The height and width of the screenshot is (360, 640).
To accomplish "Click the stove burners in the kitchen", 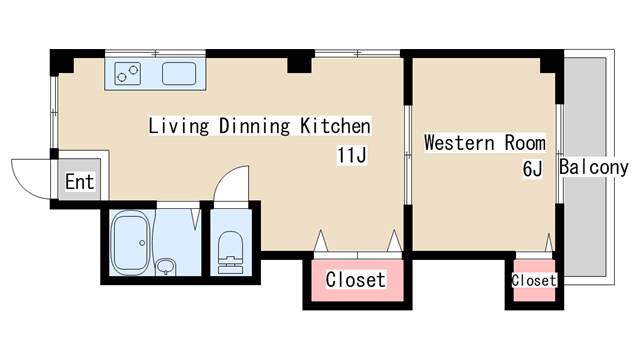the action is pyautogui.click(x=127, y=73).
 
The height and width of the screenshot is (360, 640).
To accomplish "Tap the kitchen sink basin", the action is pyautogui.click(x=179, y=73).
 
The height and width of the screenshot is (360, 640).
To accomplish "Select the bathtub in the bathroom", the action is pyautogui.click(x=130, y=243).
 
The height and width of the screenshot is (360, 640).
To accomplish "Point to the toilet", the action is pyautogui.click(x=230, y=252).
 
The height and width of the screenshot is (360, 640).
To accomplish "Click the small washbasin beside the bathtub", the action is pyautogui.click(x=166, y=267).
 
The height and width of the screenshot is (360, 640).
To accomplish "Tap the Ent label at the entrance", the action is pyautogui.click(x=80, y=182).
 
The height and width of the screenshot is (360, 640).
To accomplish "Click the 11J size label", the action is pyautogui.click(x=351, y=155).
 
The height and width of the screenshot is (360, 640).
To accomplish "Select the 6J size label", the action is pyautogui.click(x=532, y=169).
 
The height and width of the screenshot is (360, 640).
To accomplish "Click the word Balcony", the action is pyautogui.click(x=594, y=167).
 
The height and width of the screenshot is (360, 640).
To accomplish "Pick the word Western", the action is pyautogui.click(x=459, y=143).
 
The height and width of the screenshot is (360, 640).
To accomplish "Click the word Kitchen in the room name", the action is pyautogui.click(x=336, y=126).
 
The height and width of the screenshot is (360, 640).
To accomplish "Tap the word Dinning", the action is pyautogui.click(x=254, y=126).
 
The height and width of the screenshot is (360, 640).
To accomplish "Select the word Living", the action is pyautogui.click(x=178, y=126).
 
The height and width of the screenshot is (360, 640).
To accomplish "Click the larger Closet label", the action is pyautogui.click(x=356, y=280).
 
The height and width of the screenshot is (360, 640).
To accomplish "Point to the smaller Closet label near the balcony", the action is pyautogui.click(x=533, y=280).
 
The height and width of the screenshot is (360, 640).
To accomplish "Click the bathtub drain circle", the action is pyautogui.click(x=142, y=243).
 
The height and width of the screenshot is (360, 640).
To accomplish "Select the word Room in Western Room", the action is pyautogui.click(x=525, y=143).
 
